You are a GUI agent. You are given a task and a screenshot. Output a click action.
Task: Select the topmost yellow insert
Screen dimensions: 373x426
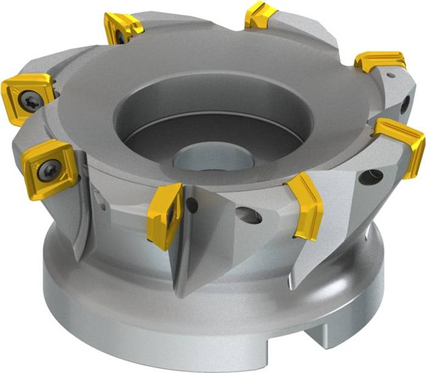pos(260,16)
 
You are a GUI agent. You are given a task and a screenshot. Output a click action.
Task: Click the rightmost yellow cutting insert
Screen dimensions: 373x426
pos(401,143)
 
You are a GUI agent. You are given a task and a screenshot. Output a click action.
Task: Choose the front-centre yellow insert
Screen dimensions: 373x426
pos(165,215)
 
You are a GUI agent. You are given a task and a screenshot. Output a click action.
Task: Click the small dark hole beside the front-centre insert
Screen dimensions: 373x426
pos(192,206)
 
